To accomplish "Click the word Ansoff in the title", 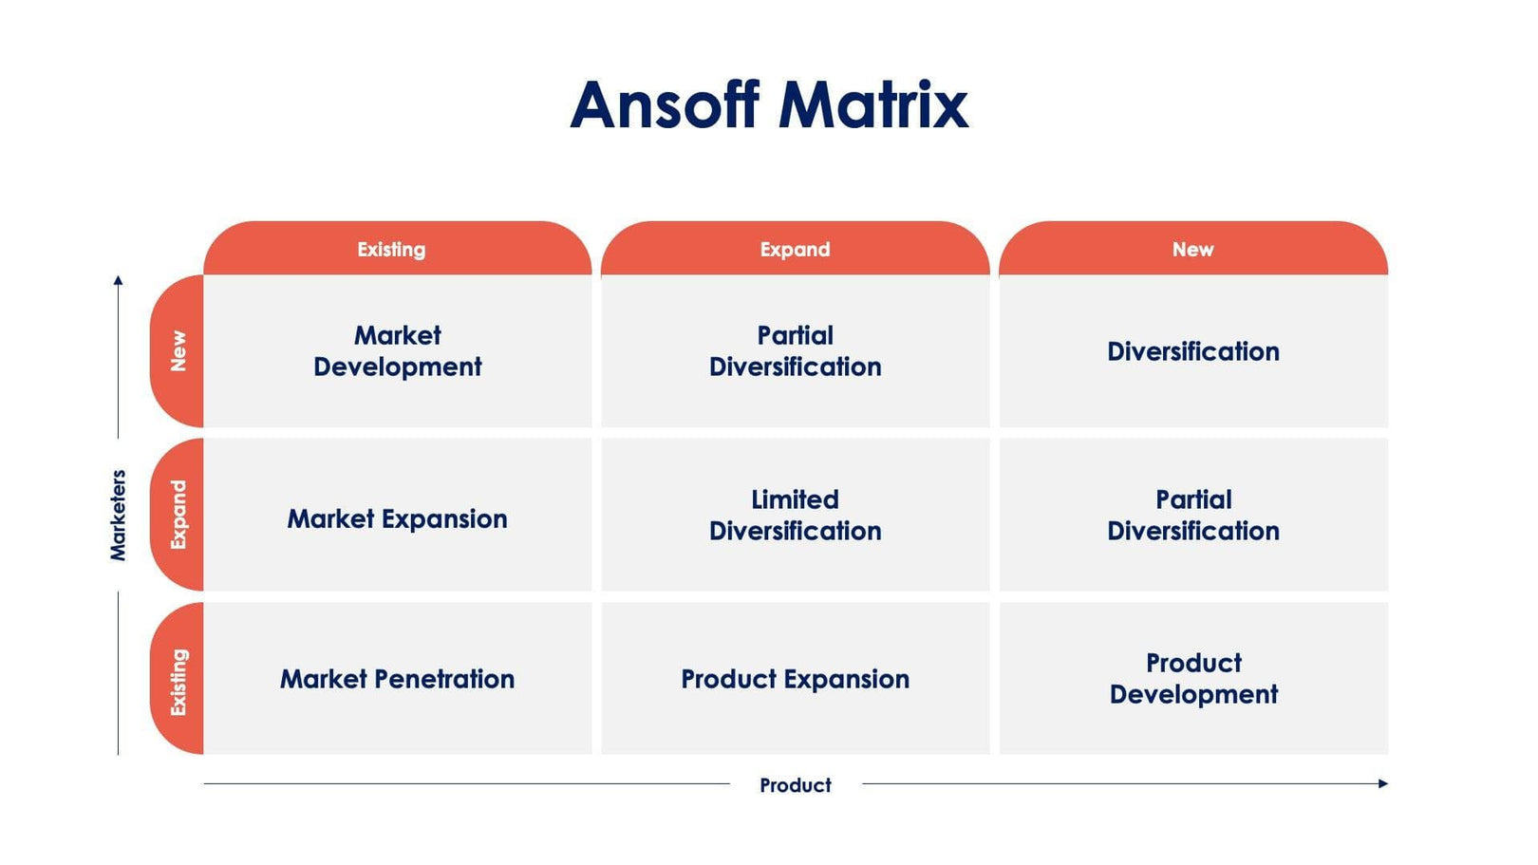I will pyautogui.click(x=664, y=104).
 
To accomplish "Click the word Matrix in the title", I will pyautogui.click(x=873, y=104).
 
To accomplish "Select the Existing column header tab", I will pyautogui.click(x=391, y=250).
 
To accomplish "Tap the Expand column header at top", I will pyautogui.click(x=795, y=250).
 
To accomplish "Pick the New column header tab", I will pyautogui.click(x=1192, y=250).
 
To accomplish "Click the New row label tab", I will pyautogui.click(x=178, y=351).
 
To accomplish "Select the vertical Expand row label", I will pyautogui.click(x=178, y=515).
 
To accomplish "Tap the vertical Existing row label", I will pyautogui.click(x=178, y=681).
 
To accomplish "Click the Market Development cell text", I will pyautogui.click(x=397, y=351).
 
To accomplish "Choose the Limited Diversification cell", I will pyautogui.click(x=795, y=515).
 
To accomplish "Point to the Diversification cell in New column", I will pyautogui.click(x=1192, y=351).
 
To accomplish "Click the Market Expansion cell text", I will pyautogui.click(x=397, y=518).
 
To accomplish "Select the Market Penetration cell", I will pyautogui.click(x=397, y=679).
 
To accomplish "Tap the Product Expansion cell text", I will pyautogui.click(x=795, y=679).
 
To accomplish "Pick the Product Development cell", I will pyautogui.click(x=1192, y=678).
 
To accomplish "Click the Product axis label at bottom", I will pyautogui.click(x=795, y=785).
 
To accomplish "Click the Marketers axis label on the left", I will pyautogui.click(x=118, y=515).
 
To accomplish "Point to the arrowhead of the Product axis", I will pyautogui.click(x=1383, y=783).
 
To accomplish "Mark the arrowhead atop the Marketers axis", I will pyautogui.click(x=118, y=280).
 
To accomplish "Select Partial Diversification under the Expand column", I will pyautogui.click(x=795, y=351).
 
